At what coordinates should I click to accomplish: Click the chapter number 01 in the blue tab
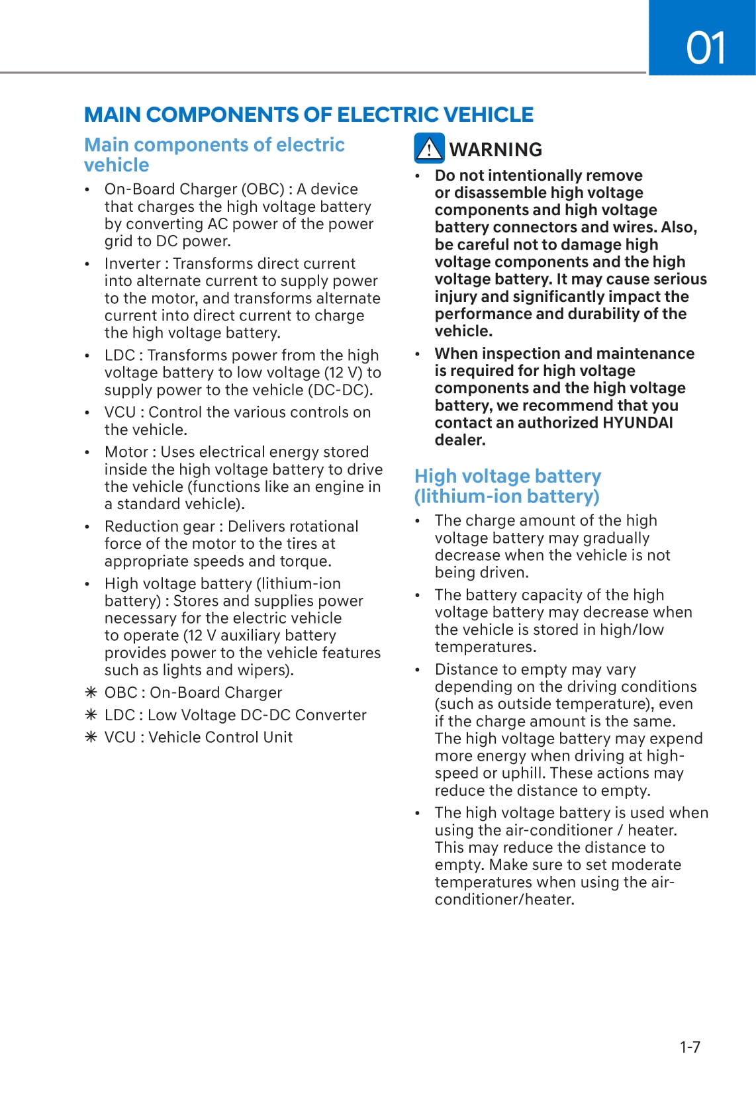706,48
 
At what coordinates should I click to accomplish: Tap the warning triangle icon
429,148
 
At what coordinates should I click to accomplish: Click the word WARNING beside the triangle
496,150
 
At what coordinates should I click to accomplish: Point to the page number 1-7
690,1047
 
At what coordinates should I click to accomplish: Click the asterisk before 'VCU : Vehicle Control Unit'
91,738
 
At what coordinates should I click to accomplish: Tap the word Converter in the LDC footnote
330,715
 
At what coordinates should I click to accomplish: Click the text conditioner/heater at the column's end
504,900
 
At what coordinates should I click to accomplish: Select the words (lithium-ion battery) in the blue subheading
506,497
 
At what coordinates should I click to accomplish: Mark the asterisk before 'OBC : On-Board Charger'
91,692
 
